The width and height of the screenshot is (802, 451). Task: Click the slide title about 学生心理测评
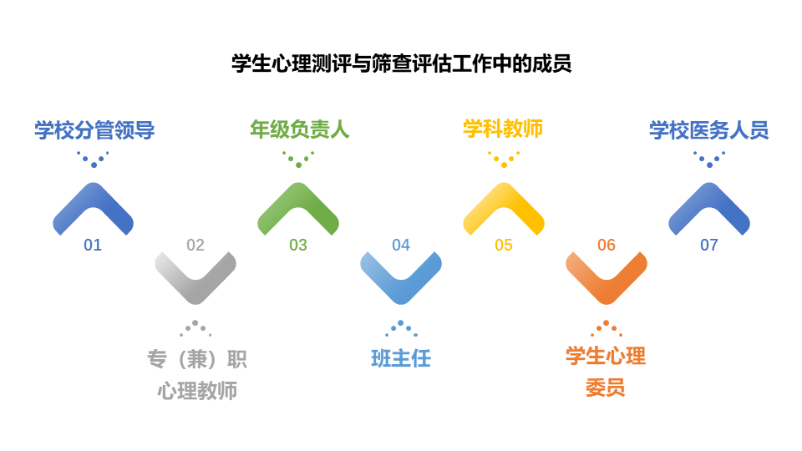tap(402, 64)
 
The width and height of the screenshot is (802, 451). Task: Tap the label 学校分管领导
tap(94, 130)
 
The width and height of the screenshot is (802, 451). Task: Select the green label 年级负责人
tap(300, 129)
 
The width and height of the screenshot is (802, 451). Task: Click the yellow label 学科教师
tap(503, 129)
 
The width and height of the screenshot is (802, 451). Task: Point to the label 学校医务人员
tap(709, 130)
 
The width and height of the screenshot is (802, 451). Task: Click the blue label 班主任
tap(401, 358)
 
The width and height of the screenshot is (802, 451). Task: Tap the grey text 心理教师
tap(197, 391)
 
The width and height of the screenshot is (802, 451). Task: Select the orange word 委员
tap(606, 388)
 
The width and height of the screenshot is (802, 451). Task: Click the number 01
tap(93, 245)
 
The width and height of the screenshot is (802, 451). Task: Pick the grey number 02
tap(195, 245)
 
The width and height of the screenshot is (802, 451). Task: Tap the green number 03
tap(298, 245)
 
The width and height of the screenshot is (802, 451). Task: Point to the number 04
tap(401, 245)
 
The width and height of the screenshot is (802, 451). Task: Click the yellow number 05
tap(504, 245)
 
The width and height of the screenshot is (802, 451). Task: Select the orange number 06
tap(607, 245)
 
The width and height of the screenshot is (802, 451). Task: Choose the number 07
tap(709, 245)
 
